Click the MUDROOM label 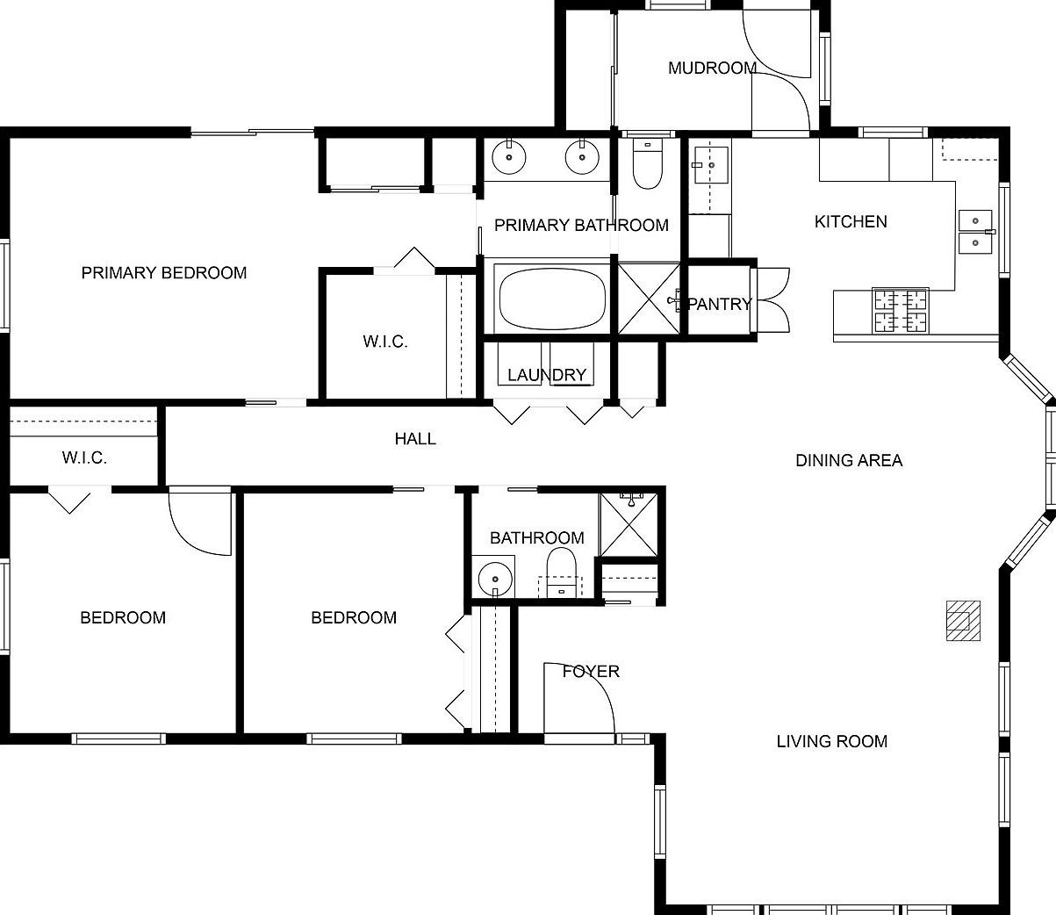pyautogui.click(x=712, y=68)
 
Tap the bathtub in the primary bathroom pyautogui.click(x=552, y=299)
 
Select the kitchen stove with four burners pyautogui.click(x=900, y=311)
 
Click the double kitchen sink pyautogui.click(x=973, y=231)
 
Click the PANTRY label pyautogui.click(x=720, y=304)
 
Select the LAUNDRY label pyautogui.click(x=547, y=375)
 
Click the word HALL pyautogui.click(x=415, y=438)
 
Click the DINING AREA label pyautogui.click(x=849, y=460)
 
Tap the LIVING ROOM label pyautogui.click(x=831, y=741)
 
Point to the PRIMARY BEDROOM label pyautogui.click(x=164, y=273)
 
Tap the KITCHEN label pyautogui.click(x=851, y=221)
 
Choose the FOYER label pyautogui.click(x=591, y=672)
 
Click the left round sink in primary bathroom pyautogui.click(x=509, y=158)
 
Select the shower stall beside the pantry pyautogui.click(x=650, y=299)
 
